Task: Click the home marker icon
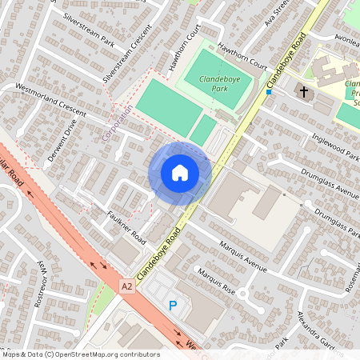pyautogui.click(x=180, y=172)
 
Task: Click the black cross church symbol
pyautogui.click(x=303, y=92)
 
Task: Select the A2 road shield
pyautogui.click(x=127, y=285)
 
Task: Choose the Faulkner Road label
pyautogui.click(x=126, y=228)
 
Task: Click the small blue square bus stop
pyautogui.click(x=270, y=91)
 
